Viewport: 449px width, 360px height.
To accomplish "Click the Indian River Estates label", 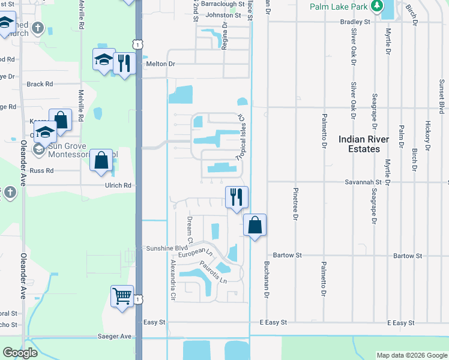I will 364,144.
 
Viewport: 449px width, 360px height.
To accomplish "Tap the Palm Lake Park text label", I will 337,7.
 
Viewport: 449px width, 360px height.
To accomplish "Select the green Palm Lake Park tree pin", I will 377,5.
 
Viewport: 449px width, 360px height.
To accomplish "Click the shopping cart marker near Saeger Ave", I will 122,296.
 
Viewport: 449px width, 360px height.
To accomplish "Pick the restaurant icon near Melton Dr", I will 124,62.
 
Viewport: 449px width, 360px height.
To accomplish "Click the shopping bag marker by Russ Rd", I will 101,160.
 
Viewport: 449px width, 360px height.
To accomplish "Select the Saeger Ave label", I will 116,337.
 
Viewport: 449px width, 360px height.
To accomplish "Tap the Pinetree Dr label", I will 295,204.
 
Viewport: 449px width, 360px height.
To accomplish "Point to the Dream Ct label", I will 189,230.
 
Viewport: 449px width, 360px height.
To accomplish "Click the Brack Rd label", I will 40,84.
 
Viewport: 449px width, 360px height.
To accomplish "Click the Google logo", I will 20,353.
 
